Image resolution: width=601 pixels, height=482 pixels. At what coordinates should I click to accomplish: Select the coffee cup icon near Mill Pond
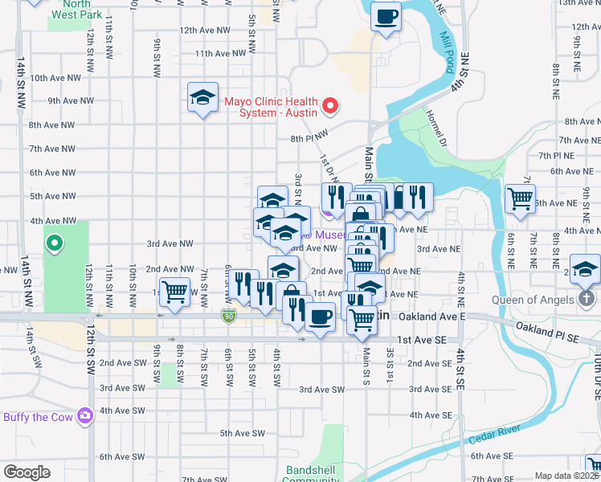click(x=386, y=16)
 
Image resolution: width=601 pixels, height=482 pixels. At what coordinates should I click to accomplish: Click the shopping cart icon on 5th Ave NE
click(x=521, y=198)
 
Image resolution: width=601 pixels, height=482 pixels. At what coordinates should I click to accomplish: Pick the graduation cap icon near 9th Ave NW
click(x=202, y=98)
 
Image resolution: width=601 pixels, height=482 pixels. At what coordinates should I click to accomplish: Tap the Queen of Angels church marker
click(x=587, y=299)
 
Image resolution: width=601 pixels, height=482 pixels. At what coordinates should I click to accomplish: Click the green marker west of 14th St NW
click(x=54, y=242)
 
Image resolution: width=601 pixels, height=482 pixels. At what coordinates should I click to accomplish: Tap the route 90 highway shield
click(x=230, y=317)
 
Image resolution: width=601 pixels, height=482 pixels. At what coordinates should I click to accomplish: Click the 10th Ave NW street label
click(x=55, y=78)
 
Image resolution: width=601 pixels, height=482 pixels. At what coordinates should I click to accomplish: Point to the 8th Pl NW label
click(x=310, y=138)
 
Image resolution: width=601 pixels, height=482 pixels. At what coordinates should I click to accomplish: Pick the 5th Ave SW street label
click(x=242, y=433)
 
